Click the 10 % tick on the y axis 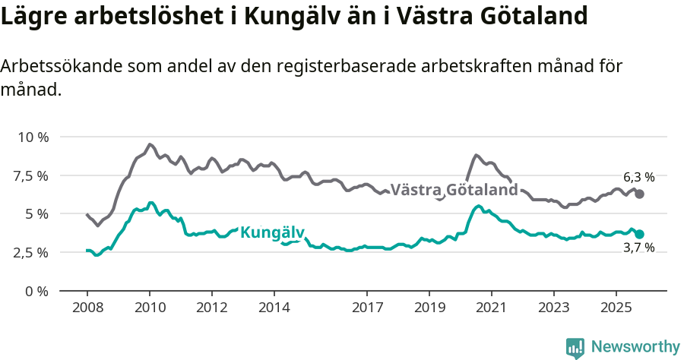[x=33, y=137]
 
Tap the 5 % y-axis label [x=36, y=214]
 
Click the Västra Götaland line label [x=454, y=190]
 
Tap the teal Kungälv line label [x=272, y=232]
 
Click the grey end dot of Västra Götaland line [x=640, y=194]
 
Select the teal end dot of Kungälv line [x=640, y=235]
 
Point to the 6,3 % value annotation [x=638, y=177]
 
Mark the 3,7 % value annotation [x=638, y=248]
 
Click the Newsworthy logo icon [x=575, y=348]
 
